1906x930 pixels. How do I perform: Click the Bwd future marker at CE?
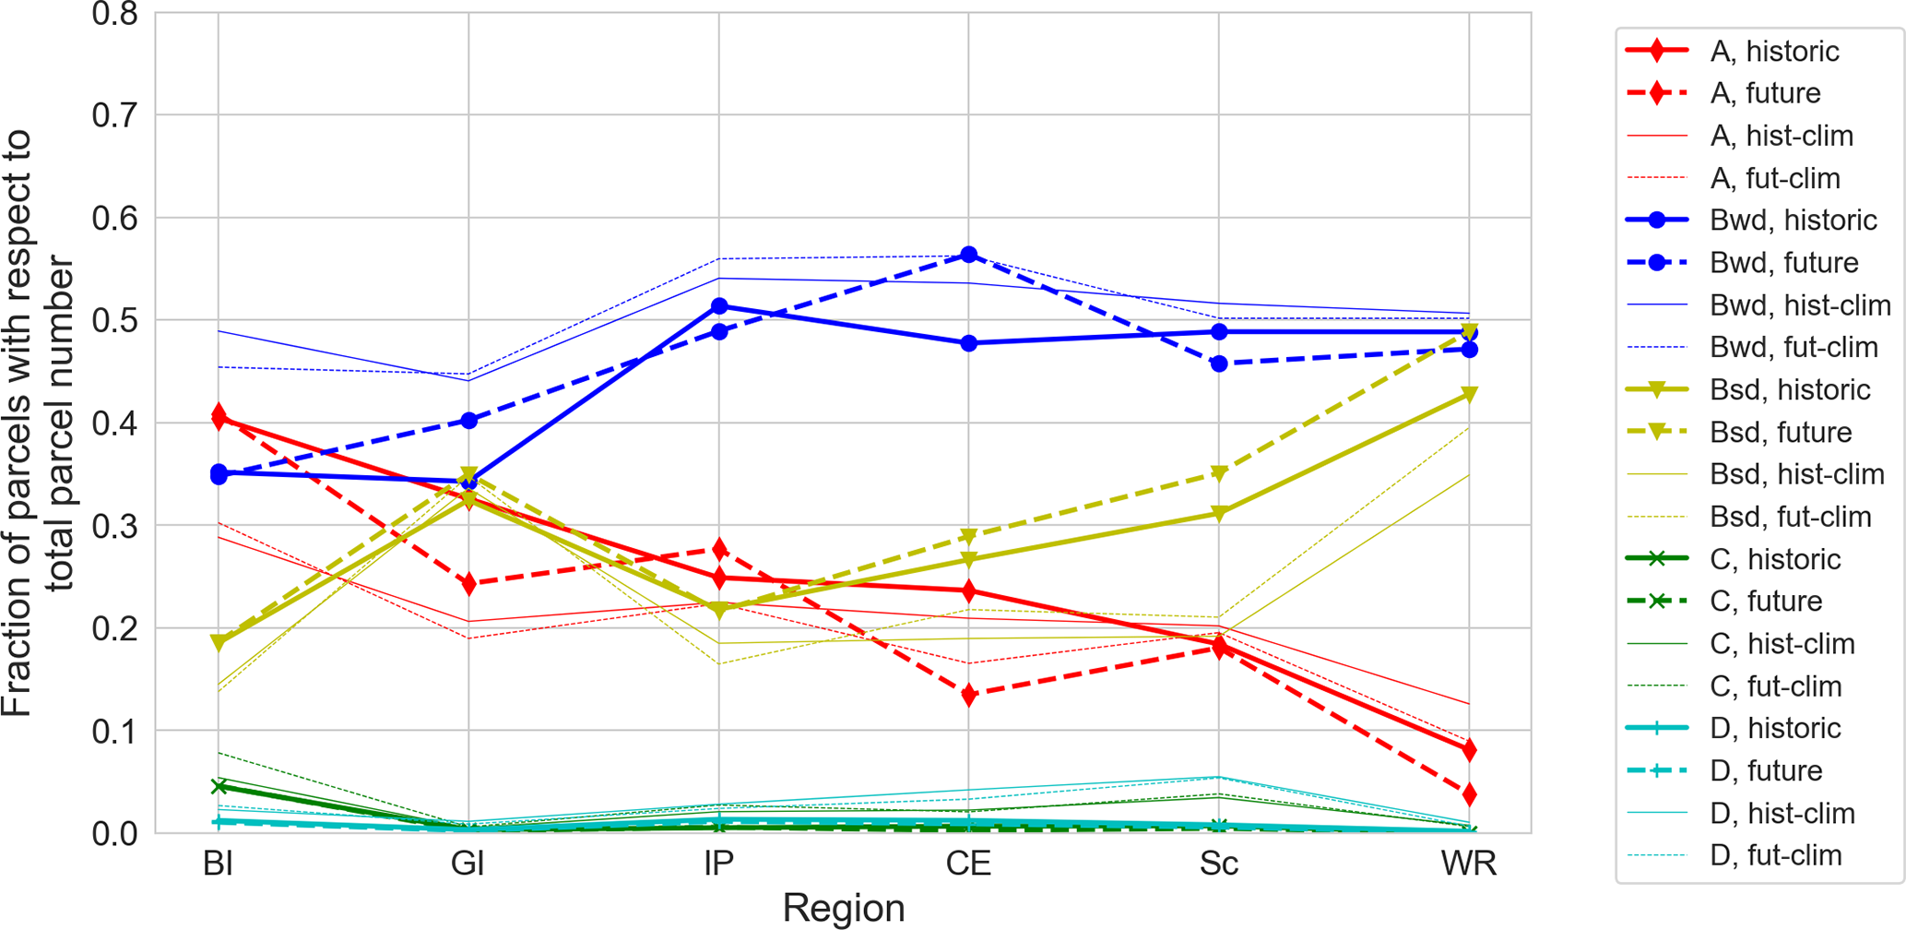click(x=968, y=255)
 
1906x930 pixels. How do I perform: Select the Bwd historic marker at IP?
click(x=719, y=306)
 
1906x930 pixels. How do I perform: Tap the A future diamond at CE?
click(x=968, y=695)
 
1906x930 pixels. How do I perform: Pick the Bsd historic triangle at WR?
click(x=1469, y=395)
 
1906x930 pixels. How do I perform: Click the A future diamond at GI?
click(x=468, y=584)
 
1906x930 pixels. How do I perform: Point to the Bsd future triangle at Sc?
click(x=1219, y=473)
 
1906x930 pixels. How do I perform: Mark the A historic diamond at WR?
click(x=1469, y=750)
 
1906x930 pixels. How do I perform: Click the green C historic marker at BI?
click(x=219, y=787)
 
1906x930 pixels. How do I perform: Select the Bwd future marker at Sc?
click(x=1219, y=364)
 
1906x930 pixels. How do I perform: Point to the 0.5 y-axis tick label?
click(x=114, y=321)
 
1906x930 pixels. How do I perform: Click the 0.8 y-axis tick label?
click(x=114, y=15)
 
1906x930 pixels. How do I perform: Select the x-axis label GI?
click(x=468, y=864)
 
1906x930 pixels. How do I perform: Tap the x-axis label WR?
click(x=1469, y=864)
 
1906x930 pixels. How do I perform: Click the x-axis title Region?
click(x=843, y=908)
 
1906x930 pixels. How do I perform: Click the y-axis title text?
click(x=37, y=423)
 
